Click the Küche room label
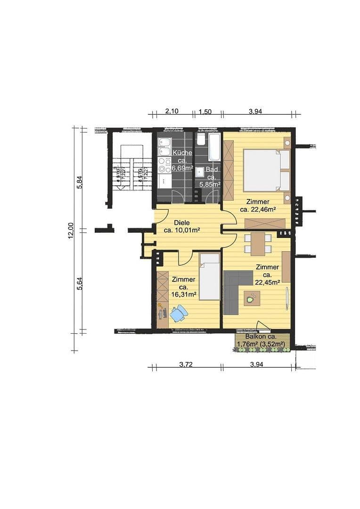tap(182, 160)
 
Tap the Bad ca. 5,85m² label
tap(211, 176)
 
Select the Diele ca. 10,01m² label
tap(182, 226)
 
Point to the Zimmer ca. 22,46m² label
tap(257, 205)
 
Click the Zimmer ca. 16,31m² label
tap(183, 287)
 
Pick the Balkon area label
tap(262, 340)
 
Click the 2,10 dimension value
tap(172, 111)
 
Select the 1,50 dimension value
tap(205, 112)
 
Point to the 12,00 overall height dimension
tap(70, 230)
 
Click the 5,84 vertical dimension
tap(80, 182)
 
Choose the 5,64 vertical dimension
tap(80, 283)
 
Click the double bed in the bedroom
tap(266, 170)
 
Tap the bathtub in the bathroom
tap(214, 147)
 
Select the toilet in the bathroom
tap(201, 139)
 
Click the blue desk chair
tap(179, 313)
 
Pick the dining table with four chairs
tap(258, 244)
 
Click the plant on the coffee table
tap(252, 297)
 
